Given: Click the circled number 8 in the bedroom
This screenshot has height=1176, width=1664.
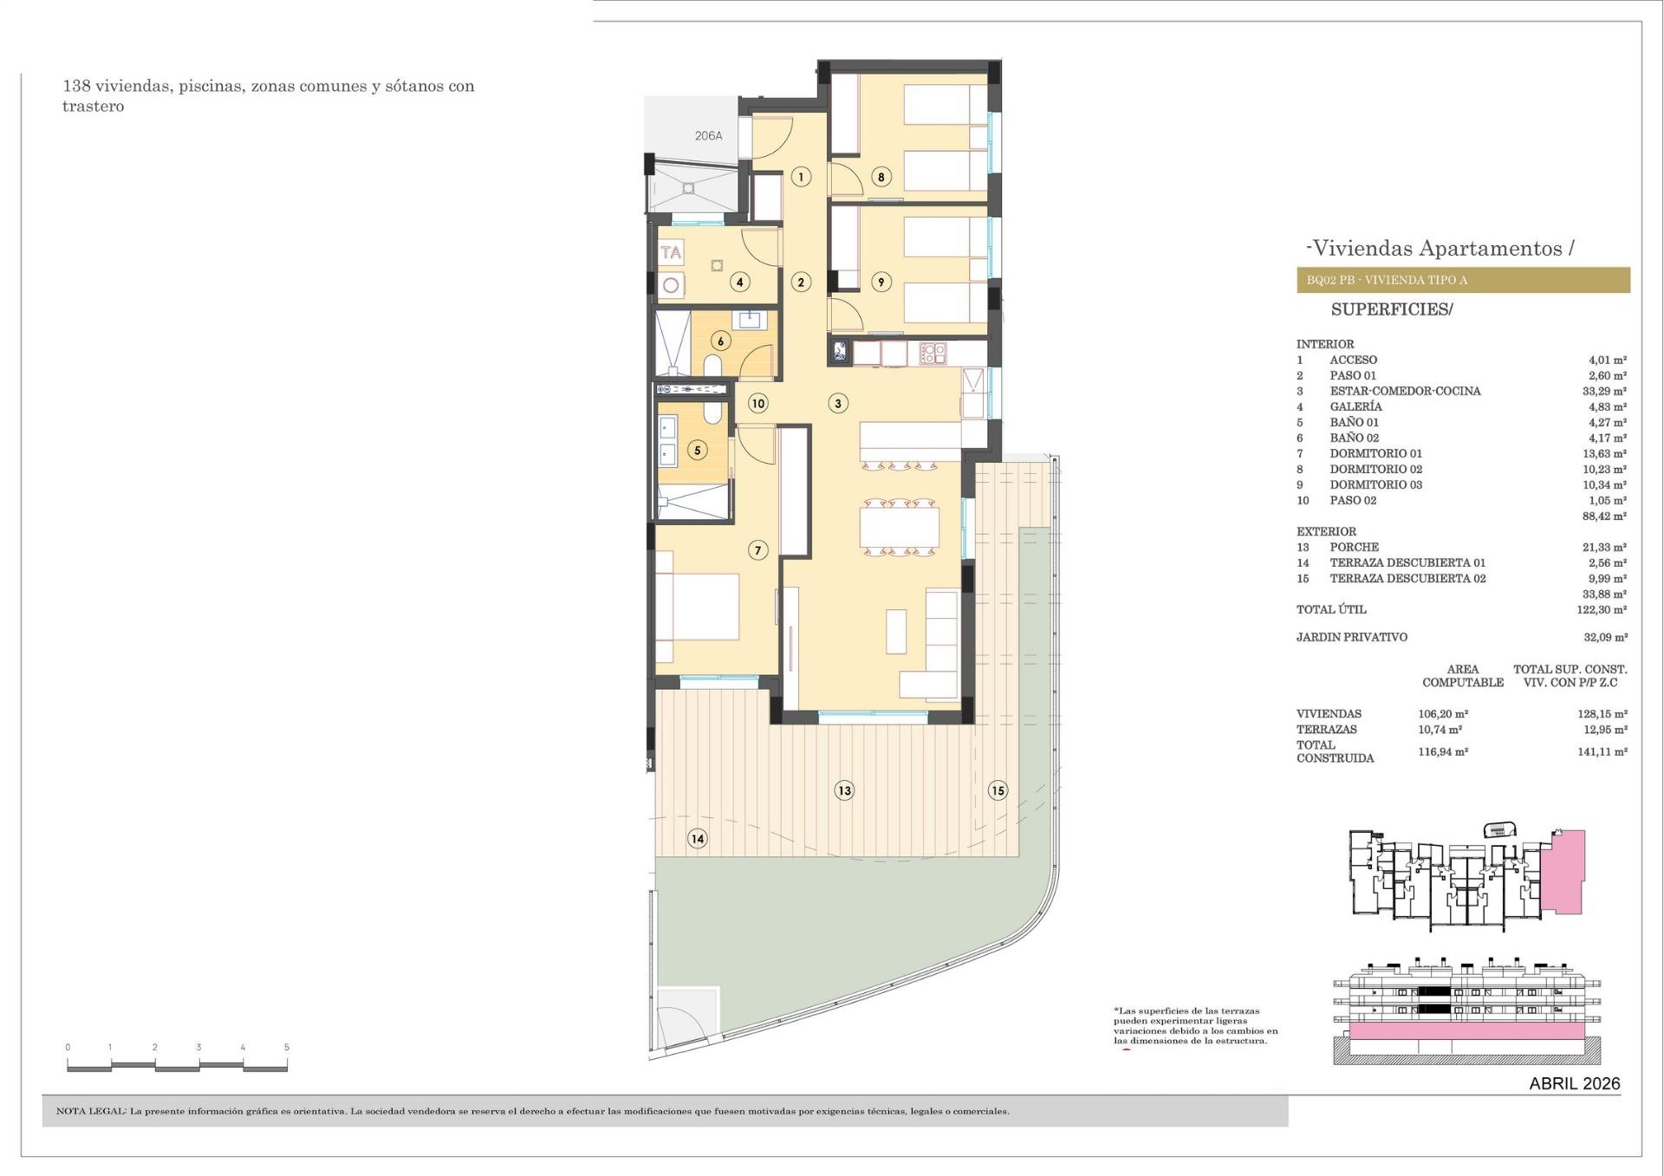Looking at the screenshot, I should [881, 178].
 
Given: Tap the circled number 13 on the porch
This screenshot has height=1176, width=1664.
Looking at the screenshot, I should [844, 790].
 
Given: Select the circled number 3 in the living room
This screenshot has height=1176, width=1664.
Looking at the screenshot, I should [837, 403].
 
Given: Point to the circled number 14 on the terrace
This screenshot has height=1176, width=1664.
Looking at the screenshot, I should [697, 838].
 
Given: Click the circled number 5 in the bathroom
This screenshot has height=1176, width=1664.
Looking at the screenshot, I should [697, 450].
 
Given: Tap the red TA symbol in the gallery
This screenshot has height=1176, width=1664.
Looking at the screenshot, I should [671, 253].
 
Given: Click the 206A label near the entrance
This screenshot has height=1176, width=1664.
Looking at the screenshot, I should [708, 136].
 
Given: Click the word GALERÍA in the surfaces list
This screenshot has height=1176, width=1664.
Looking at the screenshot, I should [1355, 406].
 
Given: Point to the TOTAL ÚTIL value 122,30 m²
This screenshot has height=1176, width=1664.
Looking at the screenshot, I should [1602, 609].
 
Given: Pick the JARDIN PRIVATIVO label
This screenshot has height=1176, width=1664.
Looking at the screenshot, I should [1351, 637].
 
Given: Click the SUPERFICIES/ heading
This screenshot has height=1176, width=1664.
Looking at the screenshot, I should [1391, 309].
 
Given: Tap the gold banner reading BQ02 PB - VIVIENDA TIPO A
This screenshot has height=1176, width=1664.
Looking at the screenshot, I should [1462, 280].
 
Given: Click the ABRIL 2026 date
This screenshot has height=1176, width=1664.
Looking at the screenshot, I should [1574, 1083].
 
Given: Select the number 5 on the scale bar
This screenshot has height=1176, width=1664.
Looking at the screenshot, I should [287, 1047].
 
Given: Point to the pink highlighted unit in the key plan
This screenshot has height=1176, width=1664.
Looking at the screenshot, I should [1564, 871].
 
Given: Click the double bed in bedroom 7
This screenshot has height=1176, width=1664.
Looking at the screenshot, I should [698, 607].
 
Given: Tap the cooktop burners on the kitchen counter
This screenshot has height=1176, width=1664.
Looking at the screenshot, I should [933, 353].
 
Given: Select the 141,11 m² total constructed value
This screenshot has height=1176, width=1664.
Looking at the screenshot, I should [1602, 751].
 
